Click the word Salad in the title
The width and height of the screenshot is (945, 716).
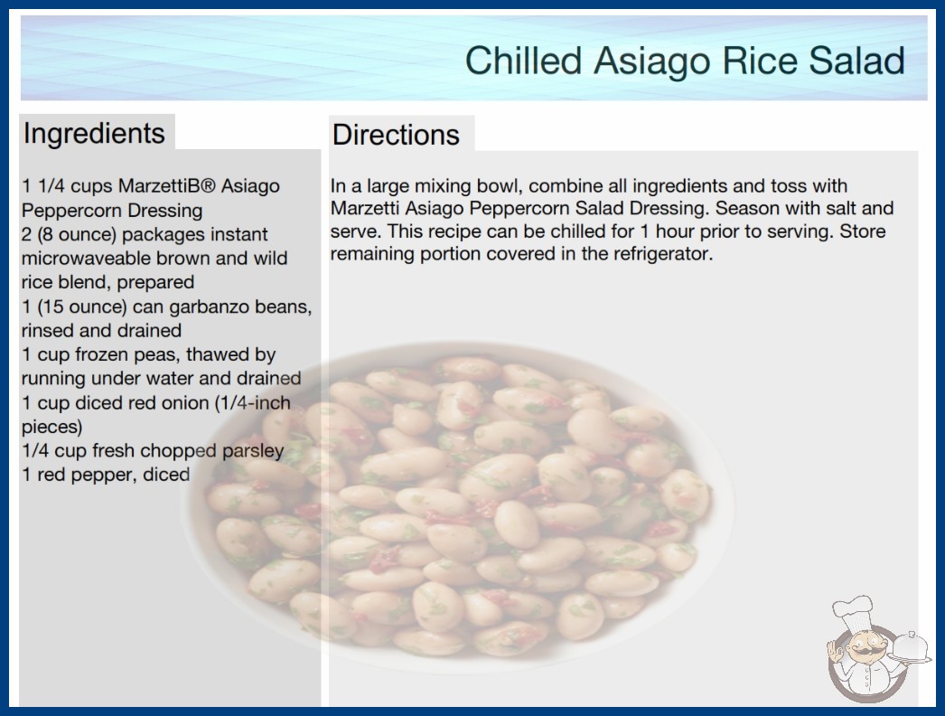tap(857, 61)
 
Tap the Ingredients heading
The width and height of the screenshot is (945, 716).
tap(94, 134)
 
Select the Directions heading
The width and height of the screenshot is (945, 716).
tap(396, 135)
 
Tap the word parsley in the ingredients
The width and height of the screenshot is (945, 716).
tap(253, 451)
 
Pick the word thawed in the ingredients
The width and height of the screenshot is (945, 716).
tap(218, 354)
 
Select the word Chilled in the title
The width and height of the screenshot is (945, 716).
tap(523, 61)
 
